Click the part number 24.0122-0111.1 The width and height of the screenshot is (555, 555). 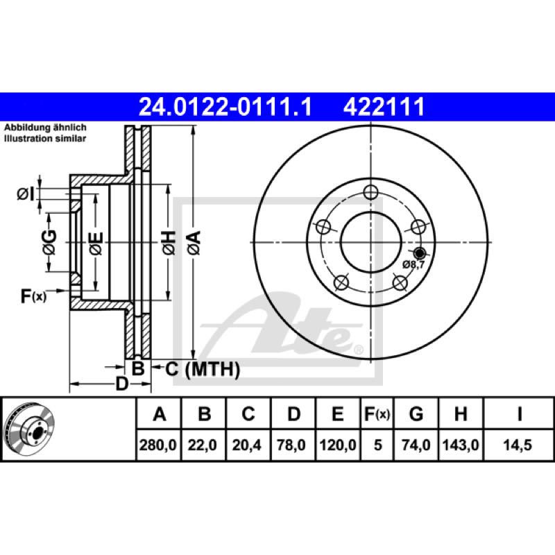tap(225, 107)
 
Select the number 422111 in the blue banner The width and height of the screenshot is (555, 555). tap(384, 107)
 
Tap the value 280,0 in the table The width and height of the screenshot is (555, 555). tap(158, 445)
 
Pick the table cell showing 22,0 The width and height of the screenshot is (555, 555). tap(202, 445)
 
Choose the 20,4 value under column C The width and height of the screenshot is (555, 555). tap(247, 445)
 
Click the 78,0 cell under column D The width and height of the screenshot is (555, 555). tap(291, 445)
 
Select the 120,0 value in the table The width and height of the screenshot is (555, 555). tap(338, 445)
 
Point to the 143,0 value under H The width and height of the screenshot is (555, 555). tap(461, 445)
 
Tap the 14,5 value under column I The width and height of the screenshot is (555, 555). tap(518, 445)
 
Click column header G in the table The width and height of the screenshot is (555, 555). tap(416, 413)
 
